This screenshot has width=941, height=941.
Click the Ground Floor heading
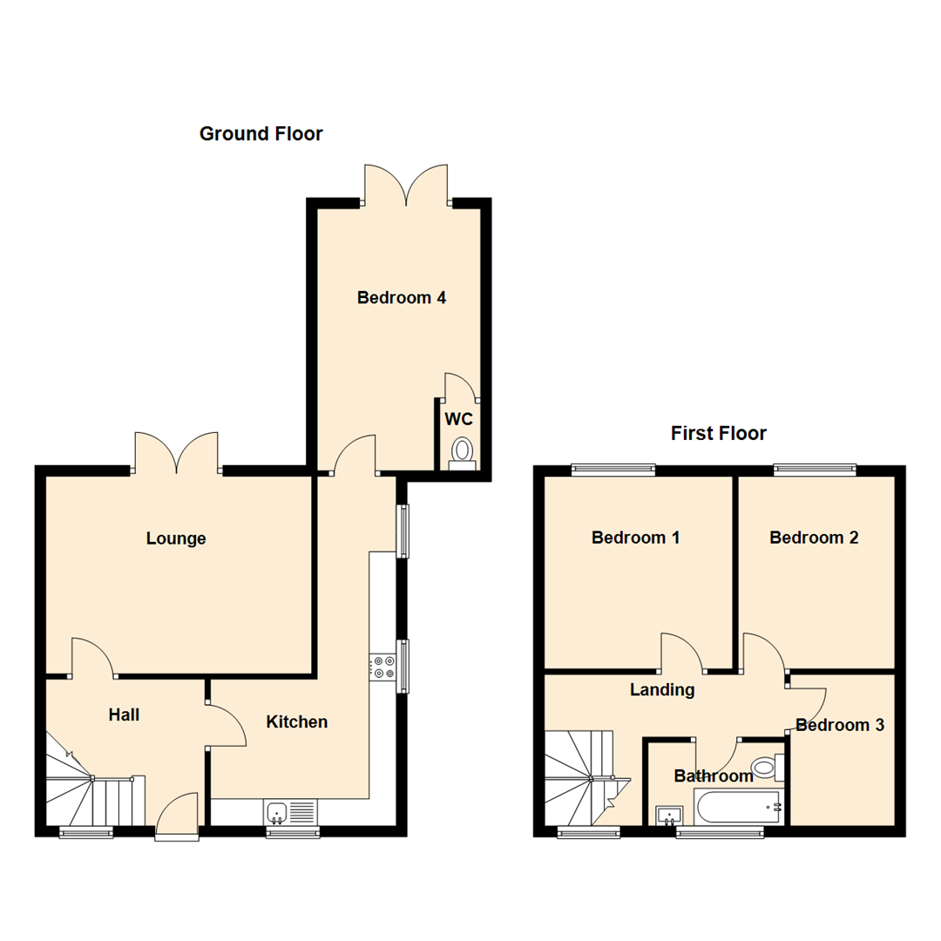pyautogui.click(x=261, y=134)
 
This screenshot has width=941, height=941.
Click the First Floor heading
pyautogui.click(x=718, y=433)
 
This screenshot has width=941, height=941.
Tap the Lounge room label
pyautogui.click(x=176, y=538)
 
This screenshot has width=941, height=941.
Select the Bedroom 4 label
pyautogui.click(x=402, y=298)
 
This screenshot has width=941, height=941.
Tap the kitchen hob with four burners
pyautogui.click(x=383, y=667)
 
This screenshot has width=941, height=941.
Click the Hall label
pyautogui.click(x=124, y=715)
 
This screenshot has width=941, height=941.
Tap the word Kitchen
pyautogui.click(x=297, y=721)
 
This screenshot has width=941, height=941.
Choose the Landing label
pyautogui.click(x=662, y=690)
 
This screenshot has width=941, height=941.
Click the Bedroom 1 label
pyautogui.click(x=635, y=538)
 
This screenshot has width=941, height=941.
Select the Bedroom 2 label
pyautogui.click(x=814, y=538)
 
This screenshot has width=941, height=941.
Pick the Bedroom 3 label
pyautogui.click(x=840, y=725)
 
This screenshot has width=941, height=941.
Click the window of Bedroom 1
pyautogui.click(x=613, y=470)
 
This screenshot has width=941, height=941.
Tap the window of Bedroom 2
pyautogui.click(x=816, y=470)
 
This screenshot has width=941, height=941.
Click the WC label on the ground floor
pyautogui.click(x=459, y=419)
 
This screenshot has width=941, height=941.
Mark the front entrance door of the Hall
pyautogui.click(x=179, y=817)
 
